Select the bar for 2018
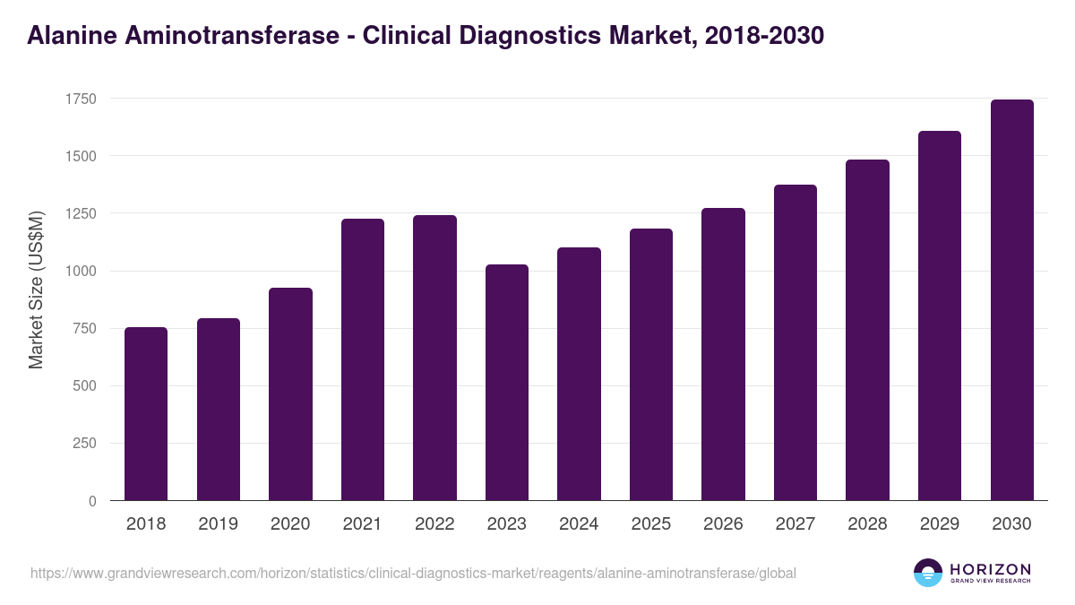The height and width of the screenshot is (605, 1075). pos(146,414)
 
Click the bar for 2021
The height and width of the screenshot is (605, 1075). pos(363,359)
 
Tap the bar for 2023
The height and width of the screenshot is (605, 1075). pos(507,383)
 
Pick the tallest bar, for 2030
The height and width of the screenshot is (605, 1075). pos(1012,300)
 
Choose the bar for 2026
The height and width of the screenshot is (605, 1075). pos(723,354)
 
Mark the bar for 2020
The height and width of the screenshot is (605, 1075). pos(290,394)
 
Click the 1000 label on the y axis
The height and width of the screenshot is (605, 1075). pos(80,272)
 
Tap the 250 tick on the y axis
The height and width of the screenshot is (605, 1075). pos(83,444)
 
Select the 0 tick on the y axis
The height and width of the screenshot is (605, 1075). pos(92,501)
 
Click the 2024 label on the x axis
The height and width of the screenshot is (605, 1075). pos(579,524)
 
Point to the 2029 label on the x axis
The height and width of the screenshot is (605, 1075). pos(940,524)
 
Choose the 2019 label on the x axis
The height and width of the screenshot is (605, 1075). pos(218,524)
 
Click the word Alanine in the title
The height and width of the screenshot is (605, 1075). pos(72,36)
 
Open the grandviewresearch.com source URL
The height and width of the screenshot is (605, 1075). pos(413,573)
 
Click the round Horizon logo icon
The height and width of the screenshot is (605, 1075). pos(927,573)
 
